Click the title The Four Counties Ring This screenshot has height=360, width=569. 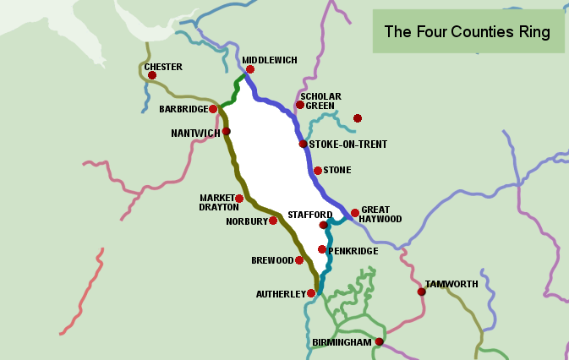point(468,32)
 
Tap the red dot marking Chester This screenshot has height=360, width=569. point(152,75)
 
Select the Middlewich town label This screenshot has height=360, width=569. point(270,60)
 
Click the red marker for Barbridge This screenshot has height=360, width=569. point(214,108)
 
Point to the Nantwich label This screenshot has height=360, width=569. point(194,133)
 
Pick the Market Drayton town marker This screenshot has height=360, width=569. point(239,199)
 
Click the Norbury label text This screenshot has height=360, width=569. point(246,221)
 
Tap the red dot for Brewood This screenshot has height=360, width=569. point(299,260)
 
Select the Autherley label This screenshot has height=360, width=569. point(280,294)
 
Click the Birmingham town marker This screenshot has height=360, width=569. point(380,342)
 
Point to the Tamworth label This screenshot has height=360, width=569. point(451,284)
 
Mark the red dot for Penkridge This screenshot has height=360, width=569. point(322,249)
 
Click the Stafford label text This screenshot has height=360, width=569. point(304,215)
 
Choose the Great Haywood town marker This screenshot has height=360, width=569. point(355,213)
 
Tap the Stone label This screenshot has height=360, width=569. point(336,170)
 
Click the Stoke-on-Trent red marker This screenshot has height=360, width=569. point(304,144)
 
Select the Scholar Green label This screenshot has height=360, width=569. point(321,101)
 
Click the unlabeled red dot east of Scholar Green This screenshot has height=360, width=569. point(358,117)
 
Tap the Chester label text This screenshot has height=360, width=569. point(163,67)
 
